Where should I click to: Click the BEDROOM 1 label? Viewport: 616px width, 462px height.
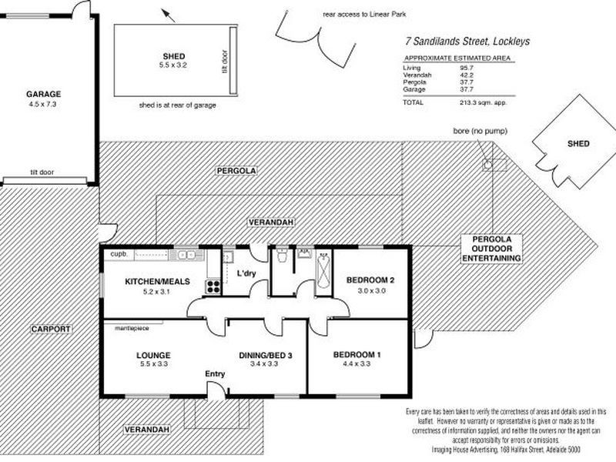357,354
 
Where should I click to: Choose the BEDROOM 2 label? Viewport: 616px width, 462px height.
370,280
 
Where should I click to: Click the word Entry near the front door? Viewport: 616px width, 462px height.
214,374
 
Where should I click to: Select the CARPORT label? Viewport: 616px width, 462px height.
51,329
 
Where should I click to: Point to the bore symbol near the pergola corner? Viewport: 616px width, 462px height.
487,165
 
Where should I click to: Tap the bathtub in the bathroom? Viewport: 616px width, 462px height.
323,270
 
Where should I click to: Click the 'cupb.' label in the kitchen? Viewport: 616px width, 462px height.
119,253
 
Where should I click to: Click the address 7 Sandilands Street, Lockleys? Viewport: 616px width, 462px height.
467,42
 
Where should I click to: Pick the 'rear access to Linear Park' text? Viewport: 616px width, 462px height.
355,14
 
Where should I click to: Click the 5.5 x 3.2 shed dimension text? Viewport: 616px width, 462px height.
169,66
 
